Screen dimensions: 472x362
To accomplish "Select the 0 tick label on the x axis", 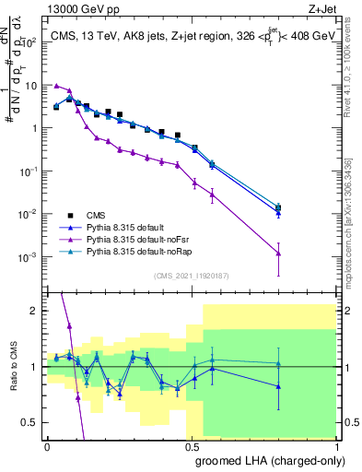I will point(47,444).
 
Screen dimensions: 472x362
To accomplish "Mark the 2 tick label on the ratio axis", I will point(37,311).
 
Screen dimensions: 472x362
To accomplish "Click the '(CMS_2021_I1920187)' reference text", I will point(192,275).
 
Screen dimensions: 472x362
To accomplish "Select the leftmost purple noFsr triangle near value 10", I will point(56,85).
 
